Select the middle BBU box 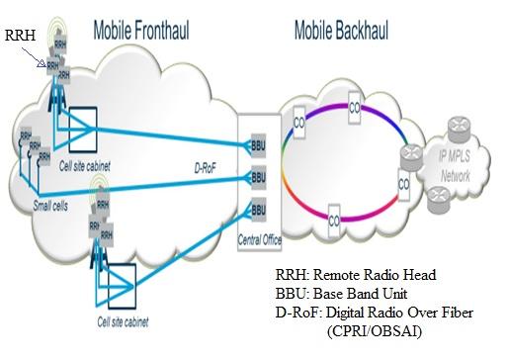[x=258, y=177]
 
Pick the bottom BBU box [x=258, y=210]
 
